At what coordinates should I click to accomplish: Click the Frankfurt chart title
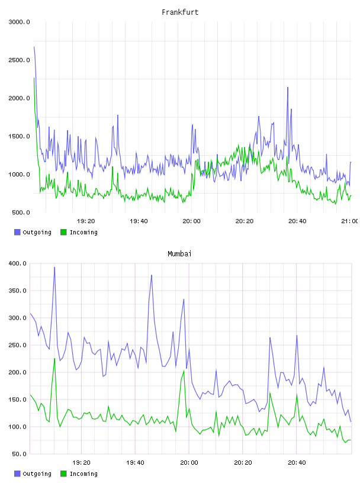pyautogui.click(x=180, y=12)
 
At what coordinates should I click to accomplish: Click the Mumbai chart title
pyautogui.click(x=179, y=254)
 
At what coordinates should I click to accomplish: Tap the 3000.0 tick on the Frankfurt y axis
pyautogui.click(x=19, y=22)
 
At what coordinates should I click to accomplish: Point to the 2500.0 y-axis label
pyautogui.click(x=19, y=60)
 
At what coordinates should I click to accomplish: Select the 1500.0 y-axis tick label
pyautogui.click(x=19, y=137)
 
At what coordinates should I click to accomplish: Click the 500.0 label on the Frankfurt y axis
pyautogui.click(x=21, y=212)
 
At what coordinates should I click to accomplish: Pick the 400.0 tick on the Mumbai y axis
pyautogui.click(x=17, y=263)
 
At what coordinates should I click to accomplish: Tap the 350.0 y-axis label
pyautogui.click(x=17, y=291)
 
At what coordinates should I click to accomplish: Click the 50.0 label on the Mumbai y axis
pyautogui.click(x=19, y=454)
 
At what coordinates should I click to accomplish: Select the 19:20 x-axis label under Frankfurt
pyautogui.click(x=86, y=221)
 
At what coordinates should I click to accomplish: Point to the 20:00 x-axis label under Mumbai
pyautogui.click(x=189, y=463)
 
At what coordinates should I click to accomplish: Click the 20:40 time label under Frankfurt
pyautogui.click(x=297, y=221)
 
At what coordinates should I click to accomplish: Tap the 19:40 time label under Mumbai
pyautogui.click(x=135, y=463)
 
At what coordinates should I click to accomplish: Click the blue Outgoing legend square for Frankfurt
pyautogui.click(x=17, y=232)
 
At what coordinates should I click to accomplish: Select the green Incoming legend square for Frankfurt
pyautogui.click(x=63, y=232)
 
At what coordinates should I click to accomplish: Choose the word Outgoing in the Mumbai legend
pyautogui.click(x=37, y=474)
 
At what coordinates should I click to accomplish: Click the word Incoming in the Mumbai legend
pyautogui.click(x=83, y=474)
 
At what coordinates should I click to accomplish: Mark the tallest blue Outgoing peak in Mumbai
pyautogui.click(x=54, y=268)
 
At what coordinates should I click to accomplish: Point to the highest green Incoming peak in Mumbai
pyautogui.click(x=54, y=359)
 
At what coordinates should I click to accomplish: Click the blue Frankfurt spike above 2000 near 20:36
pyautogui.click(x=288, y=88)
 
